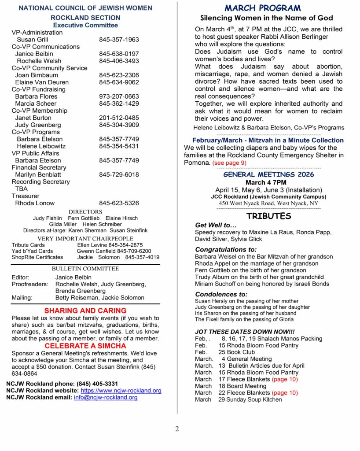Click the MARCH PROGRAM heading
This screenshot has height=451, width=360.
pyautogui.click(x=263, y=8)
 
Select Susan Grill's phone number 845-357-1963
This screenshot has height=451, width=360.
pyautogui.click(x=119, y=40)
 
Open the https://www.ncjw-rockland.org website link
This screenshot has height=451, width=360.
pyautogui.click(x=121, y=391)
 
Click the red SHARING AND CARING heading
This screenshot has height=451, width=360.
pyautogui.click(x=85, y=311)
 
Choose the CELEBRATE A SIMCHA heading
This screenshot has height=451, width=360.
pyautogui.click(x=85, y=346)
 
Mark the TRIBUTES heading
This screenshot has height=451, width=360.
pyautogui.click(x=268, y=216)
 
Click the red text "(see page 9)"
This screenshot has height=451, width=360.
pyautogui.click(x=229, y=163)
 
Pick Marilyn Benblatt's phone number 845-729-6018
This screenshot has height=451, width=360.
pyautogui.click(x=119, y=174)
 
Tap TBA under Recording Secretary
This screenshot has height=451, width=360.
pyautogui.click(x=21, y=189)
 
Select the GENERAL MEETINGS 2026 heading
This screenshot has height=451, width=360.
pyautogui.click(x=268, y=174)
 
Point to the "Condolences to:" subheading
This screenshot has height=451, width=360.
pyautogui.click(x=221, y=294)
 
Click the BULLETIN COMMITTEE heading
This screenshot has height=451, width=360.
pyautogui.click(x=85, y=269)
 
